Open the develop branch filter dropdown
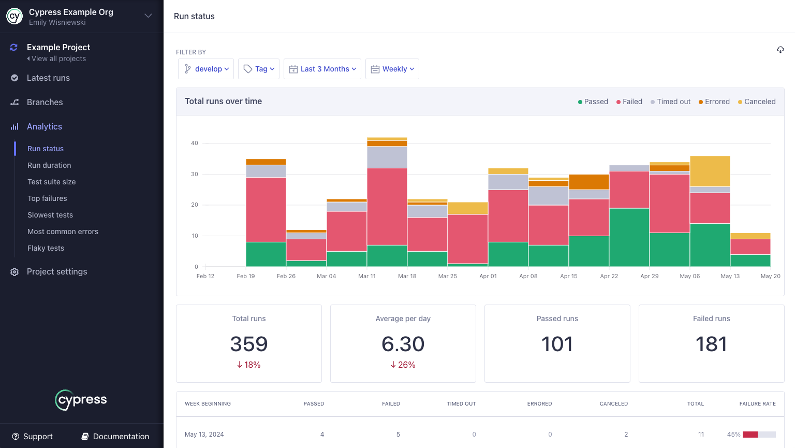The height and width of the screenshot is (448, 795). click(206, 69)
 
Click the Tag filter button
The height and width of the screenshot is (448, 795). click(259, 69)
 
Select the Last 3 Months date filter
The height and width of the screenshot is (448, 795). click(322, 69)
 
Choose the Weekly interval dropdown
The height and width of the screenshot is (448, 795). click(392, 69)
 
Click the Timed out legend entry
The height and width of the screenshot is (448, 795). click(671, 102)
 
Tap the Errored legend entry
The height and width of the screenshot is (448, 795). click(714, 102)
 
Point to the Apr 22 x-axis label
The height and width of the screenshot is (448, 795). click(609, 276)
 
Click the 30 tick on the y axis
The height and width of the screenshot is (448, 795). click(195, 174)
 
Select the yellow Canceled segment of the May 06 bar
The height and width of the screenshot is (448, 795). click(710, 171)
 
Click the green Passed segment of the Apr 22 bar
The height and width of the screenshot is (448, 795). click(629, 237)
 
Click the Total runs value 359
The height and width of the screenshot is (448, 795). click(249, 344)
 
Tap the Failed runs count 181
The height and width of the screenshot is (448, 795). click(711, 344)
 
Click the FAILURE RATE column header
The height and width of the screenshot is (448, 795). click(757, 403)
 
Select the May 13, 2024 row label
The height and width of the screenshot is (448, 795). click(204, 435)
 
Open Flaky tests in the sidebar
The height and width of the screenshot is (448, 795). click(46, 248)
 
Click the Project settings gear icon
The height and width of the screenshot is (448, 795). click(14, 272)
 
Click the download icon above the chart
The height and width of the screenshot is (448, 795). click(780, 50)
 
